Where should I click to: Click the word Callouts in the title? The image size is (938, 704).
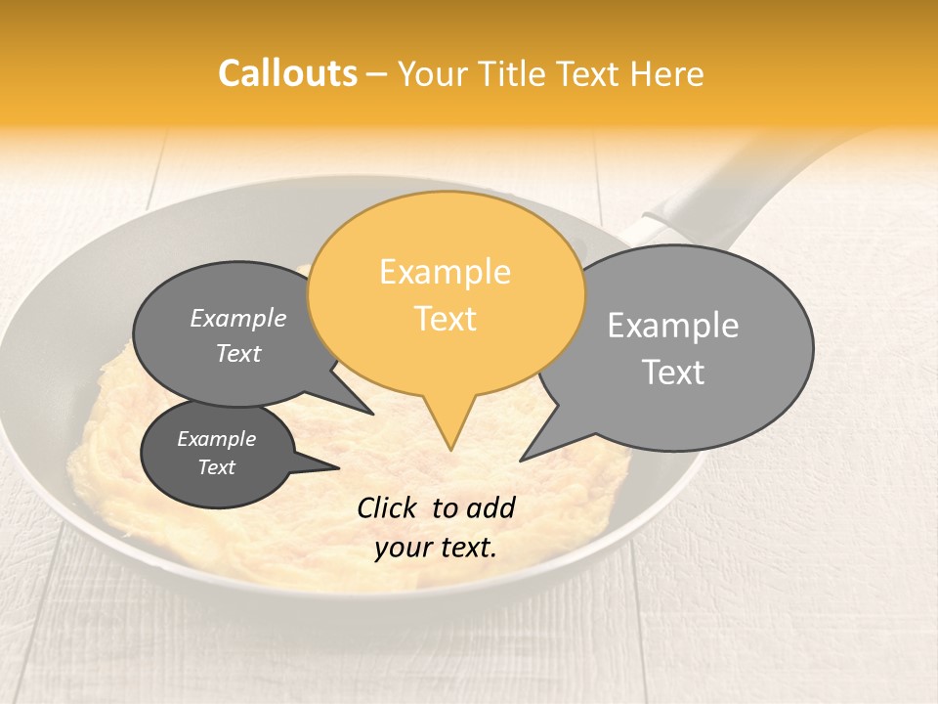click(287, 73)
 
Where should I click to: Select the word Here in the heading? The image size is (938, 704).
click(667, 73)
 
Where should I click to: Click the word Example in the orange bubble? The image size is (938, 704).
click(445, 272)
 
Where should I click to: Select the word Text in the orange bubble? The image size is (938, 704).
click(445, 319)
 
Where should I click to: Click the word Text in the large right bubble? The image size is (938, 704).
click(673, 372)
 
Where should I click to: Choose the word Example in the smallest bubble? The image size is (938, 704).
click(216, 439)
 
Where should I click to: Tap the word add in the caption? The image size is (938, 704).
click(490, 507)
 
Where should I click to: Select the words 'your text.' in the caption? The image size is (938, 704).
click(436, 548)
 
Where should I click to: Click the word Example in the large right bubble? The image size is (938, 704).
click(673, 325)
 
